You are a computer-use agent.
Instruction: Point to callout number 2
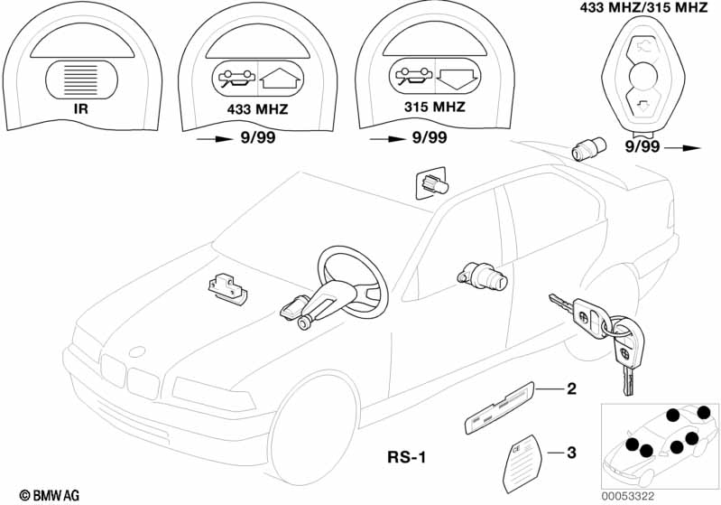coord(570,390)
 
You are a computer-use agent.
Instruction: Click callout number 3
coord(569,452)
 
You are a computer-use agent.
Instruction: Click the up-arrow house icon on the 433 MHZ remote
coord(276,77)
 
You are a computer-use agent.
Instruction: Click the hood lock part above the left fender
coord(226,286)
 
